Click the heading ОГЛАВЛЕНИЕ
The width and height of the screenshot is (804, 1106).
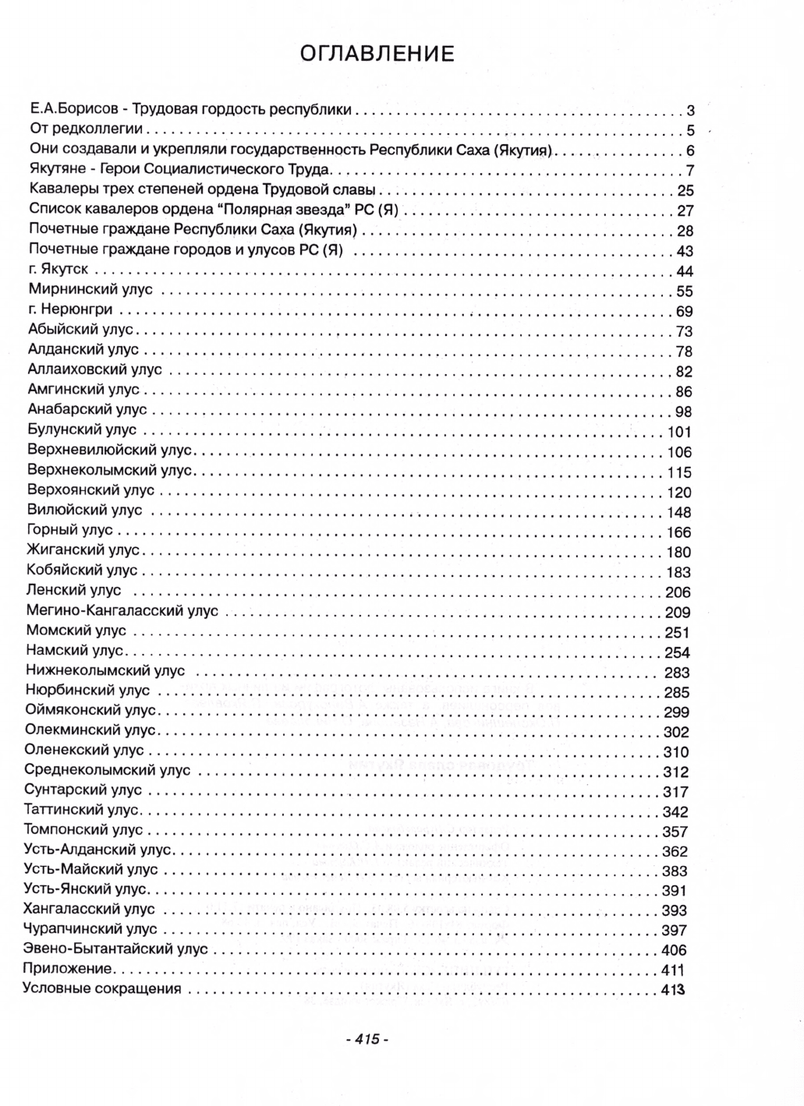coord(377,54)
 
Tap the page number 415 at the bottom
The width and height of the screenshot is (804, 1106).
coord(366,1039)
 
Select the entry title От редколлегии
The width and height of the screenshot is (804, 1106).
coord(87,129)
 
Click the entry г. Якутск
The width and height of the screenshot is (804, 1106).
coord(58,269)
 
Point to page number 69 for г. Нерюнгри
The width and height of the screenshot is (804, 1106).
coord(685,312)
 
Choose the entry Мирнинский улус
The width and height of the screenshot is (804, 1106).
coord(90,289)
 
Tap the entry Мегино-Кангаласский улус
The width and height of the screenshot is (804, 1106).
coord(122,610)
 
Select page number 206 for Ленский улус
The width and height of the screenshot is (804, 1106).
coord(677,592)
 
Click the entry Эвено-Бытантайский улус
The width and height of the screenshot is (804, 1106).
coord(116,949)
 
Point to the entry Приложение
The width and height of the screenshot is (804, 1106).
coord(69,969)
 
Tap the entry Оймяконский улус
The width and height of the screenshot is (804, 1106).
coord(91,710)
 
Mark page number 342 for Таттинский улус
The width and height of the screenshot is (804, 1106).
coord(675,811)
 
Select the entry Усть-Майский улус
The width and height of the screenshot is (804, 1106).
coord(91,868)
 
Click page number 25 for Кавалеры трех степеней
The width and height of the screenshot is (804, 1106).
coord(685,191)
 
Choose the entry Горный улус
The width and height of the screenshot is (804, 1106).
coord(70,530)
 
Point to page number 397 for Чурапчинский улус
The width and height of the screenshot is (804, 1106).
coord(675,930)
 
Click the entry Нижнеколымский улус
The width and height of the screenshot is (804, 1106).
coord(105,670)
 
